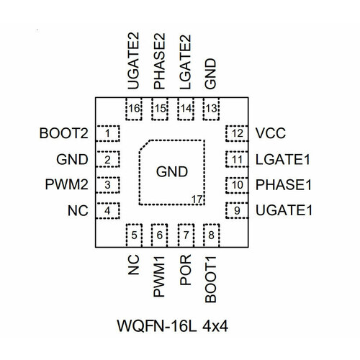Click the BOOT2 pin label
(64, 133)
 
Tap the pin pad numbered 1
(108, 133)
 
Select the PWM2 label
(67, 184)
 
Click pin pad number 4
(108, 210)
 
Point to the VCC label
(271, 133)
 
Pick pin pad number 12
(237, 133)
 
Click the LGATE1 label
(283, 160)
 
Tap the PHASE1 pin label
(284, 185)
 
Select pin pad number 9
(237, 210)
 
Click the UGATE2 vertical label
(133, 61)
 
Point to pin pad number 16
(134, 109)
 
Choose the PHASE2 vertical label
(160, 61)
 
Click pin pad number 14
(186, 109)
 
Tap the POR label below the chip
(186, 270)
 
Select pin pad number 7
(186, 235)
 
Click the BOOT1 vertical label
(211, 279)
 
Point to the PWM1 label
(159, 276)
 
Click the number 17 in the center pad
(197, 199)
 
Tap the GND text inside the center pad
(172, 172)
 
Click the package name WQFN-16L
(157, 326)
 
